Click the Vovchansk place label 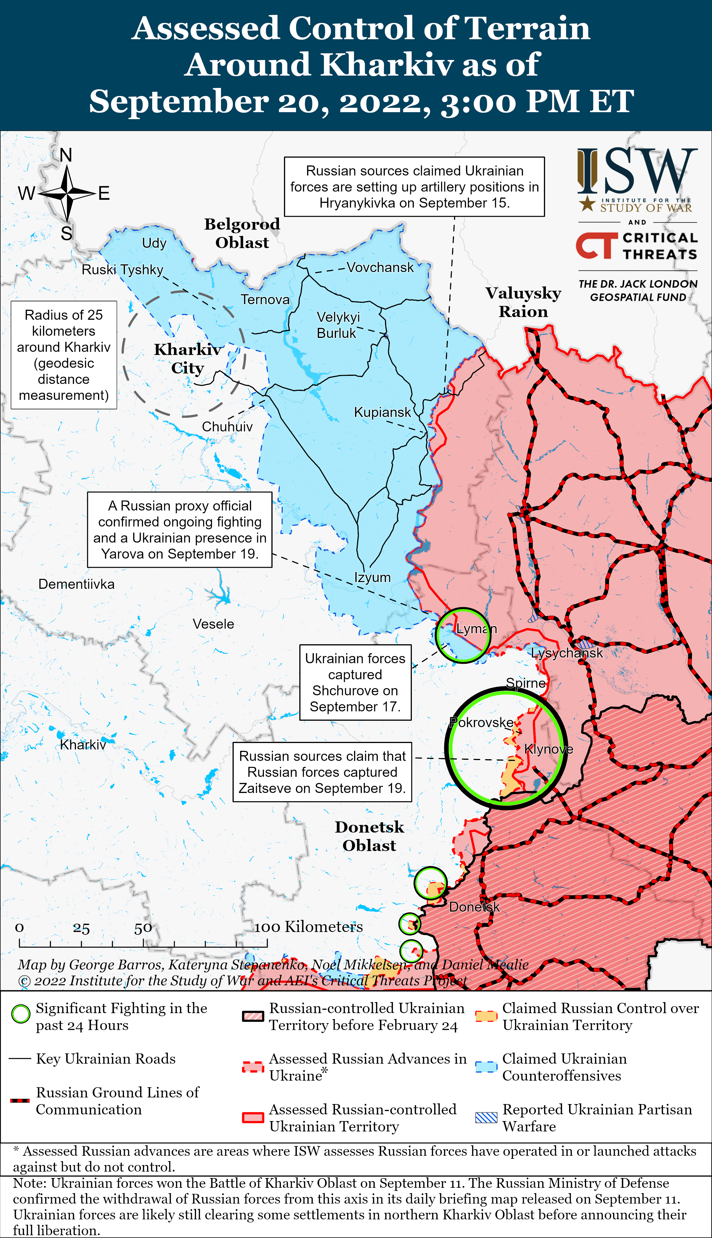[380, 267]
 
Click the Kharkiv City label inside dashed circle [187, 358]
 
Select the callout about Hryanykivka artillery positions [414, 187]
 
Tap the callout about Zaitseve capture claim [322, 772]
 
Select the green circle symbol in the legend [21, 1014]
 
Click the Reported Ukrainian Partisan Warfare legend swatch [486, 1117]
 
